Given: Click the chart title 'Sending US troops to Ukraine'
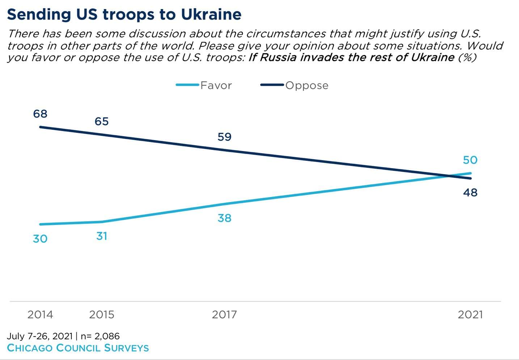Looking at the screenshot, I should point(124,14).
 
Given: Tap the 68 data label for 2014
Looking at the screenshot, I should point(40,114).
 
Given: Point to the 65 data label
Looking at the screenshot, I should point(102,121).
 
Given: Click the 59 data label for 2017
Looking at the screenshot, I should point(224,137).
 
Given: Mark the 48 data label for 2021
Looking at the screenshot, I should point(470,193).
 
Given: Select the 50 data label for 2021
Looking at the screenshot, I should point(470,160).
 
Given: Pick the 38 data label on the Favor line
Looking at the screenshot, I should point(224,218).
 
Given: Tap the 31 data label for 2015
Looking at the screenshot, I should point(102,236).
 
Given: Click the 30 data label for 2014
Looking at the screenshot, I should point(40,239).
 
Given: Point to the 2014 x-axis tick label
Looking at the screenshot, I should point(40,314).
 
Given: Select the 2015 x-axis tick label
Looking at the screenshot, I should point(102,314).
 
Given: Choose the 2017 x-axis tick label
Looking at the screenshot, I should point(224,314).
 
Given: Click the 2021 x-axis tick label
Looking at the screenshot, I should point(470,314).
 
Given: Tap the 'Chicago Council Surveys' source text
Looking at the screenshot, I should point(78,348).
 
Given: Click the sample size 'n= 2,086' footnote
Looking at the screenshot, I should point(100,336).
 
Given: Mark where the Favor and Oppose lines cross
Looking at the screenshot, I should point(449,176).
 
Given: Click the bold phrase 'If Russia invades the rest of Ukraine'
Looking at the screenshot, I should point(351,58).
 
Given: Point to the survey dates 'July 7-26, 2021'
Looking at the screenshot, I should point(40,336).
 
